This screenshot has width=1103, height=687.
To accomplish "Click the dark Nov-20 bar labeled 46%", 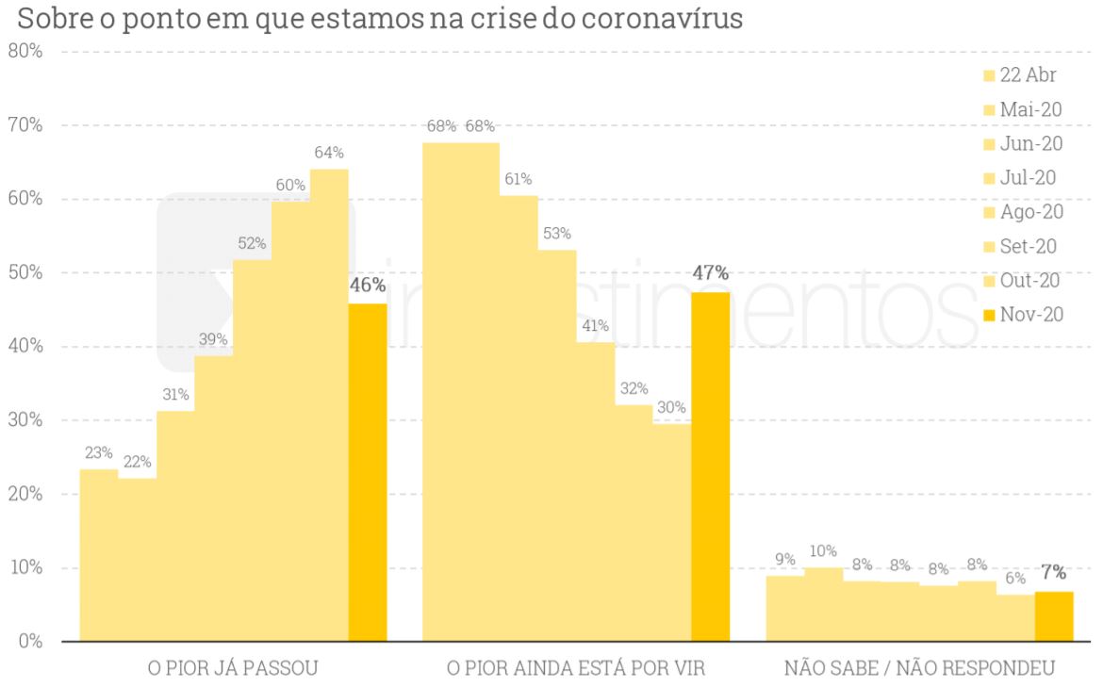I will [x=368, y=471].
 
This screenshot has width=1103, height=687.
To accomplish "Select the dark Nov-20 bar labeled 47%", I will [x=710, y=466].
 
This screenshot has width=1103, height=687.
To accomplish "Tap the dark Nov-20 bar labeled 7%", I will [x=1053, y=616].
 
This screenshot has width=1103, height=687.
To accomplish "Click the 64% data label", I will [x=329, y=153].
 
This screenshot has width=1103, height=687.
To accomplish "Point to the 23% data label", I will [x=98, y=452].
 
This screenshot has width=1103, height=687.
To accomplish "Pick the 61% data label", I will [x=518, y=179].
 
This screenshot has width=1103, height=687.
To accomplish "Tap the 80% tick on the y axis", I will [x=25, y=51].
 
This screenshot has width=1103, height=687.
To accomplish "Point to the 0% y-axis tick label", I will [x=30, y=642].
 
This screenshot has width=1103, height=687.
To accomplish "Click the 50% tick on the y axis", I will [x=25, y=272].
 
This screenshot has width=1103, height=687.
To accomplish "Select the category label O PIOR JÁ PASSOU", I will [x=233, y=669].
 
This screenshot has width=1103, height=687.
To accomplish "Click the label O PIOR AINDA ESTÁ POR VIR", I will [x=575, y=669].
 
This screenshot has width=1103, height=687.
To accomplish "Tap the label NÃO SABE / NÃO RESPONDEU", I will [x=919, y=669].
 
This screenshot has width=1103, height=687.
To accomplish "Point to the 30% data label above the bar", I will [x=672, y=408].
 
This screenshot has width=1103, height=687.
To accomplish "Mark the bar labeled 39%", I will [x=213, y=499].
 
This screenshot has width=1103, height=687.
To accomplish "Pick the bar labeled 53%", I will [x=557, y=443].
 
